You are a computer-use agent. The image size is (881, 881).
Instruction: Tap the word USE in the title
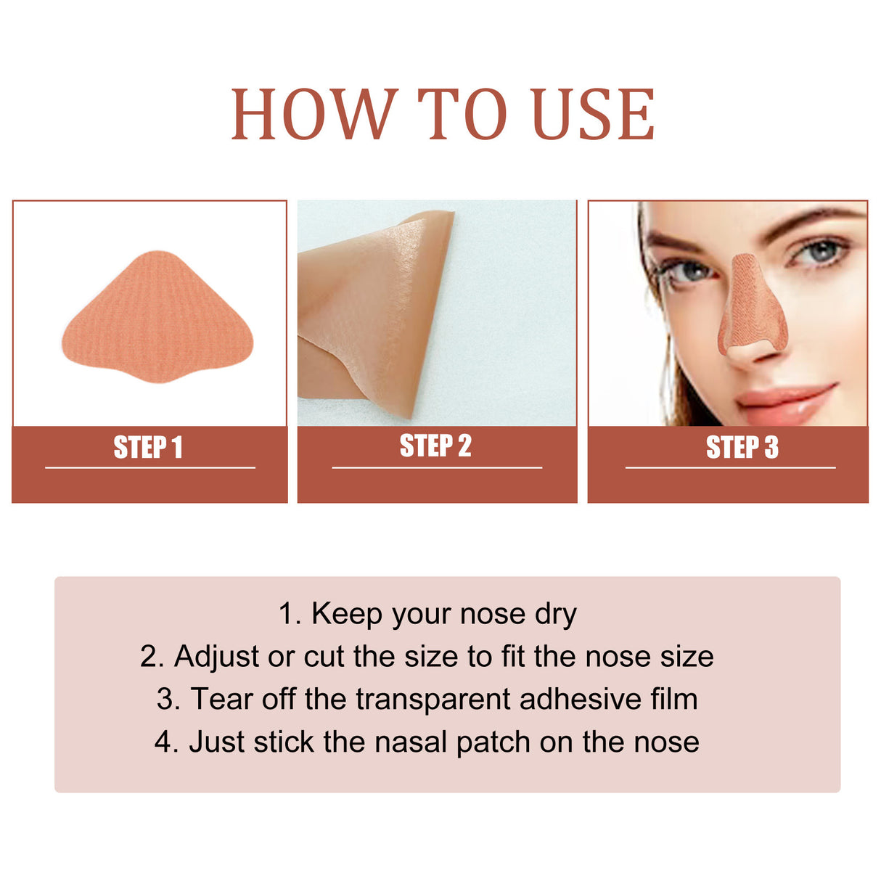593,115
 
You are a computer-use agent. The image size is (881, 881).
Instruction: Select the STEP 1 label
148,448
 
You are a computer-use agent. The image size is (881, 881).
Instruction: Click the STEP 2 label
435,446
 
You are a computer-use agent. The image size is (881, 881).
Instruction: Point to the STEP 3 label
742,448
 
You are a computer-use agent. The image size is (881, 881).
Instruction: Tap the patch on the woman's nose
751,305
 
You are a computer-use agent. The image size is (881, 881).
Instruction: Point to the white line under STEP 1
150,468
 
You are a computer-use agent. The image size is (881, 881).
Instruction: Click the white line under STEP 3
730,468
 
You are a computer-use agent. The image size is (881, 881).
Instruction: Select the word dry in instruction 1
555,615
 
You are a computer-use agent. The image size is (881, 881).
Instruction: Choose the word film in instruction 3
674,699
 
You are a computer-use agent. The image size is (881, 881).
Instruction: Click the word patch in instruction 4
494,743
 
